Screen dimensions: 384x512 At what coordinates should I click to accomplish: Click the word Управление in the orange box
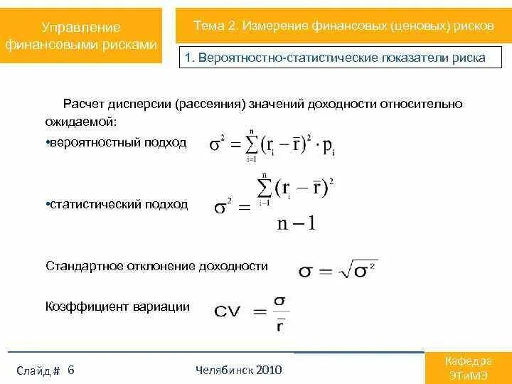coord(81,27)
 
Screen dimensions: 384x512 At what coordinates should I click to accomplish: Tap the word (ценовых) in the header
coord(420,26)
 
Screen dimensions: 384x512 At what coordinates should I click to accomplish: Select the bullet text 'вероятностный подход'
coord(117,143)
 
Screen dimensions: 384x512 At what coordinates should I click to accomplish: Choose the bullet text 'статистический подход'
coord(117,204)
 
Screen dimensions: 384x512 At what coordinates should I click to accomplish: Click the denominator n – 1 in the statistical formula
coord(295,224)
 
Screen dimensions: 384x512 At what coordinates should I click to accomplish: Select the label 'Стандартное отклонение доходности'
coord(156,266)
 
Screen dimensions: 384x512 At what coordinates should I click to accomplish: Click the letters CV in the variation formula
coord(228,311)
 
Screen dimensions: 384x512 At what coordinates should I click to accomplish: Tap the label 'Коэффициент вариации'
coord(117,306)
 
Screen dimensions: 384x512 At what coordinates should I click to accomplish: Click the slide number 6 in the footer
coord(71,370)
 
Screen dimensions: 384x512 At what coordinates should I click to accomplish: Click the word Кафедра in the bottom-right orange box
coord(467,361)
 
